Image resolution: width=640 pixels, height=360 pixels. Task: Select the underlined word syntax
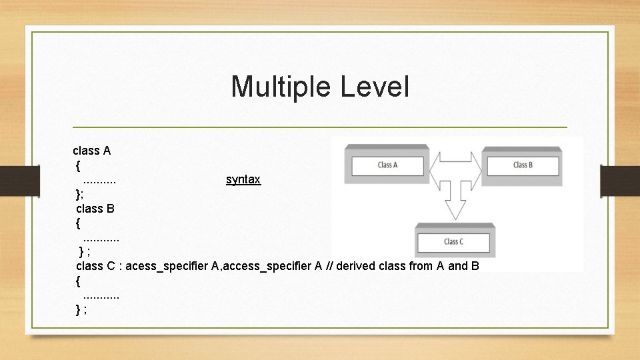point(243,179)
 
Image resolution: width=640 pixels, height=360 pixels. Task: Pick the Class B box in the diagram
point(523,165)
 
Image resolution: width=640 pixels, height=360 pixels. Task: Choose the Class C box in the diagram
point(453,241)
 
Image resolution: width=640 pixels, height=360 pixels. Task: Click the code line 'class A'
point(92,151)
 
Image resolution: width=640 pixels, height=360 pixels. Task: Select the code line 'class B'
point(95,208)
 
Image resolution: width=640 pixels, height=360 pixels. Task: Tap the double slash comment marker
point(330,266)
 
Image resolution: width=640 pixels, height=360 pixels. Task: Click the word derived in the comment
point(356,266)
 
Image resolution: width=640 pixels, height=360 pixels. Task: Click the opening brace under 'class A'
point(79,165)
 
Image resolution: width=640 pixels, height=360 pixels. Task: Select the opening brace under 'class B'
point(79,223)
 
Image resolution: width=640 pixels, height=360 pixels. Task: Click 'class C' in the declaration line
point(95,266)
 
